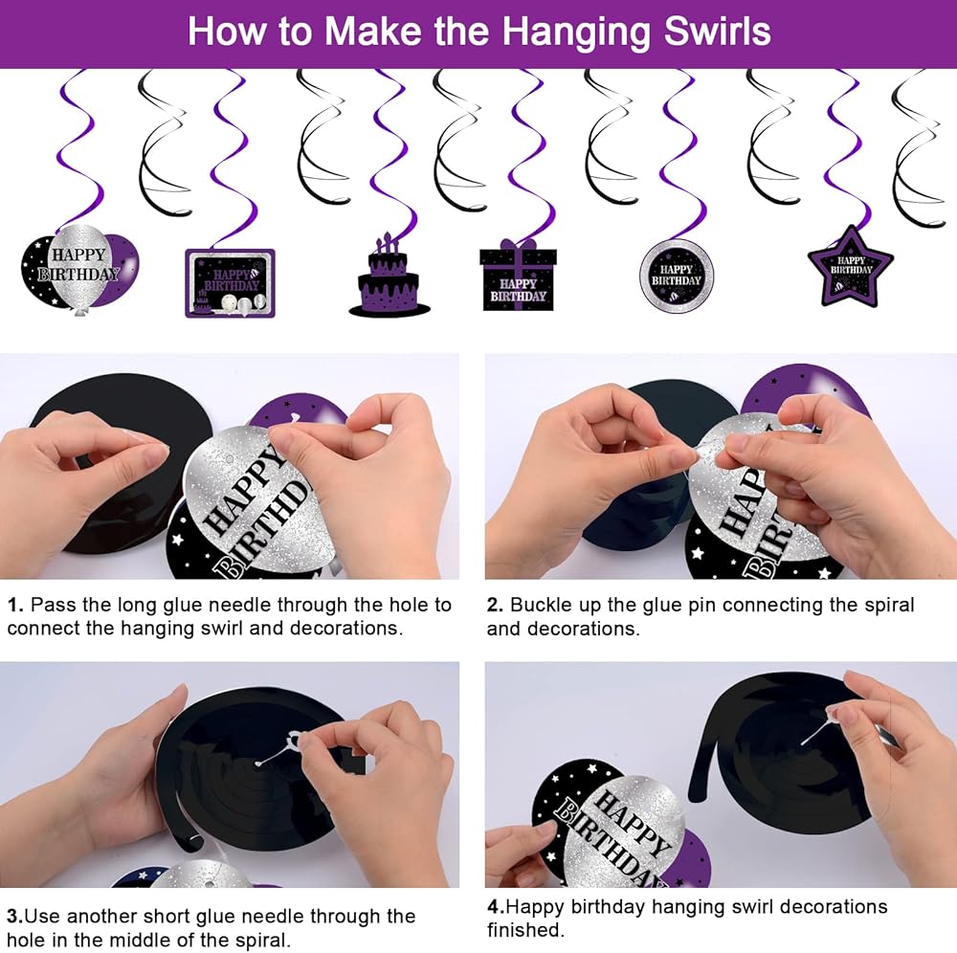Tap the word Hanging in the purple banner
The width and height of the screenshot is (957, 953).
tap(577, 33)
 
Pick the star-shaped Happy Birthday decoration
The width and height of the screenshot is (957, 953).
tap(850, 267)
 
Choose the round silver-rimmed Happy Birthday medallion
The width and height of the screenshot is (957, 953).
tap(677, 276)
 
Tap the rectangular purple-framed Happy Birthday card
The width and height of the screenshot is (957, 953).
tap(230, 283)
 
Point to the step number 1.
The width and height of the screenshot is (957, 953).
tap(14, 606)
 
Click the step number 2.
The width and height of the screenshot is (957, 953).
tap(495, 606)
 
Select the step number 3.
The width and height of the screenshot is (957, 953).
tap(14, 917)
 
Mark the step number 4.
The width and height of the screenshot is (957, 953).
tap(496, 907)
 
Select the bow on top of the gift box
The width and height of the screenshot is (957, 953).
tap(518, 245)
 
